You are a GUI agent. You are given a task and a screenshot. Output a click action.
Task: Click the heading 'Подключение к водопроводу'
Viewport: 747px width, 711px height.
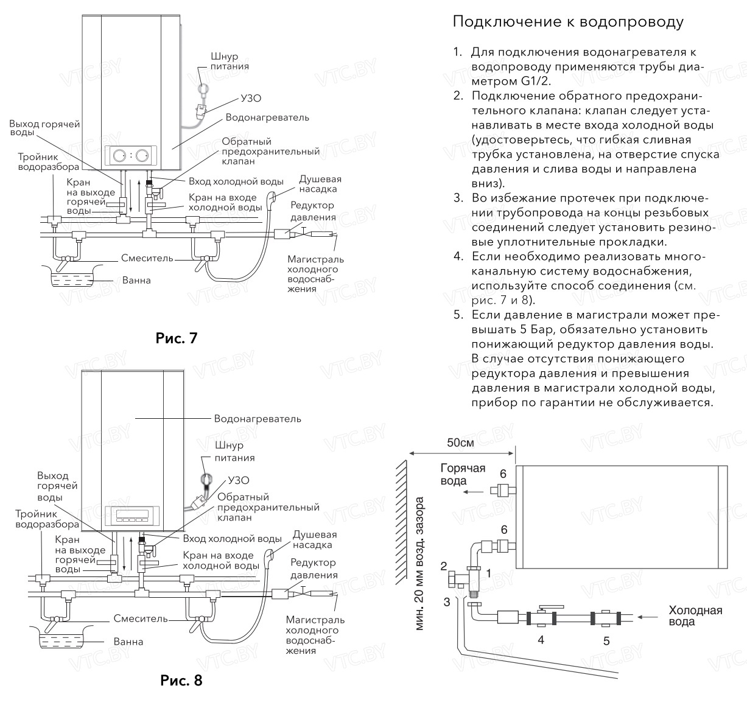point(568,23)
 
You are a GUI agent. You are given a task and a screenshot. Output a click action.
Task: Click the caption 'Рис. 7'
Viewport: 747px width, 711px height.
point(177,338)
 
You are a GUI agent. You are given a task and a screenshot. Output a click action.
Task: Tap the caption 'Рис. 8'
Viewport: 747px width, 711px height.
point(181,679)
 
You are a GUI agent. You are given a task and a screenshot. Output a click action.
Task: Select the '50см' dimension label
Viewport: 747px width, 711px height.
point(460,443)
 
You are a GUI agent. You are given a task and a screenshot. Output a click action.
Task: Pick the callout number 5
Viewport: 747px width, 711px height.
point(606,640)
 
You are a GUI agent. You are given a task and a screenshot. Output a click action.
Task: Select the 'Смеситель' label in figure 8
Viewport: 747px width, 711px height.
point(140,618)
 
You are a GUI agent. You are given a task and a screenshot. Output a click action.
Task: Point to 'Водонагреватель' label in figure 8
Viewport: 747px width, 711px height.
point(257,419)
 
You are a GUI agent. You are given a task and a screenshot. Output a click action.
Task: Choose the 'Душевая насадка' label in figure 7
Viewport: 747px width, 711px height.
point(320,184)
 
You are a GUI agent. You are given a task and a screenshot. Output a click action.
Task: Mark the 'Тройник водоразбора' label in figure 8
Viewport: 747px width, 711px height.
point(47,519)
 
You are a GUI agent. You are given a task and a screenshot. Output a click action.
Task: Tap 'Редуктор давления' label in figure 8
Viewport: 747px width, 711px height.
point(314,569)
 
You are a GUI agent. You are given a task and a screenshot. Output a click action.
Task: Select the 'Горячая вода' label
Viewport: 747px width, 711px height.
point(462,474)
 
